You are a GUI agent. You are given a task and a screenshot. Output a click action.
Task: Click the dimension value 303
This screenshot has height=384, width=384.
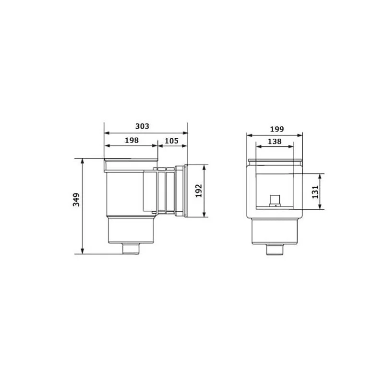[x=142, y=126]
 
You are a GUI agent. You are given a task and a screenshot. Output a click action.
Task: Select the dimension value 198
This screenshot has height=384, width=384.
[x=132, y=140]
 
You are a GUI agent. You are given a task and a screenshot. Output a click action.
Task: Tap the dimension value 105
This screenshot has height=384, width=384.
[x=171, y=141]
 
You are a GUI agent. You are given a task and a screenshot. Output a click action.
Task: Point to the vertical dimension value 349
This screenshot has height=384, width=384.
[x=76, y=200]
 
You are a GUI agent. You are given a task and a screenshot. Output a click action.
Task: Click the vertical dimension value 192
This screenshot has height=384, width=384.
[x=199, y=191]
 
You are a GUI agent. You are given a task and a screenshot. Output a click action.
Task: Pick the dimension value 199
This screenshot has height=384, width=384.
[x=277, y=129]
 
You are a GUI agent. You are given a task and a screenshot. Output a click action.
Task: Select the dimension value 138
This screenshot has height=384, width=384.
[x=275, y=141]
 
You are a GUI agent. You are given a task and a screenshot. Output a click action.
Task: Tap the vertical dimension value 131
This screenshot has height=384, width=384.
[x=315, y=192]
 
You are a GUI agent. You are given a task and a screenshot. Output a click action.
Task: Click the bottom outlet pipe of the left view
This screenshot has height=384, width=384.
[x=131, y=249]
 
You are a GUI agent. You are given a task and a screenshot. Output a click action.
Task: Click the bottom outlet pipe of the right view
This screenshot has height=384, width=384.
[x=275, y=250]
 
